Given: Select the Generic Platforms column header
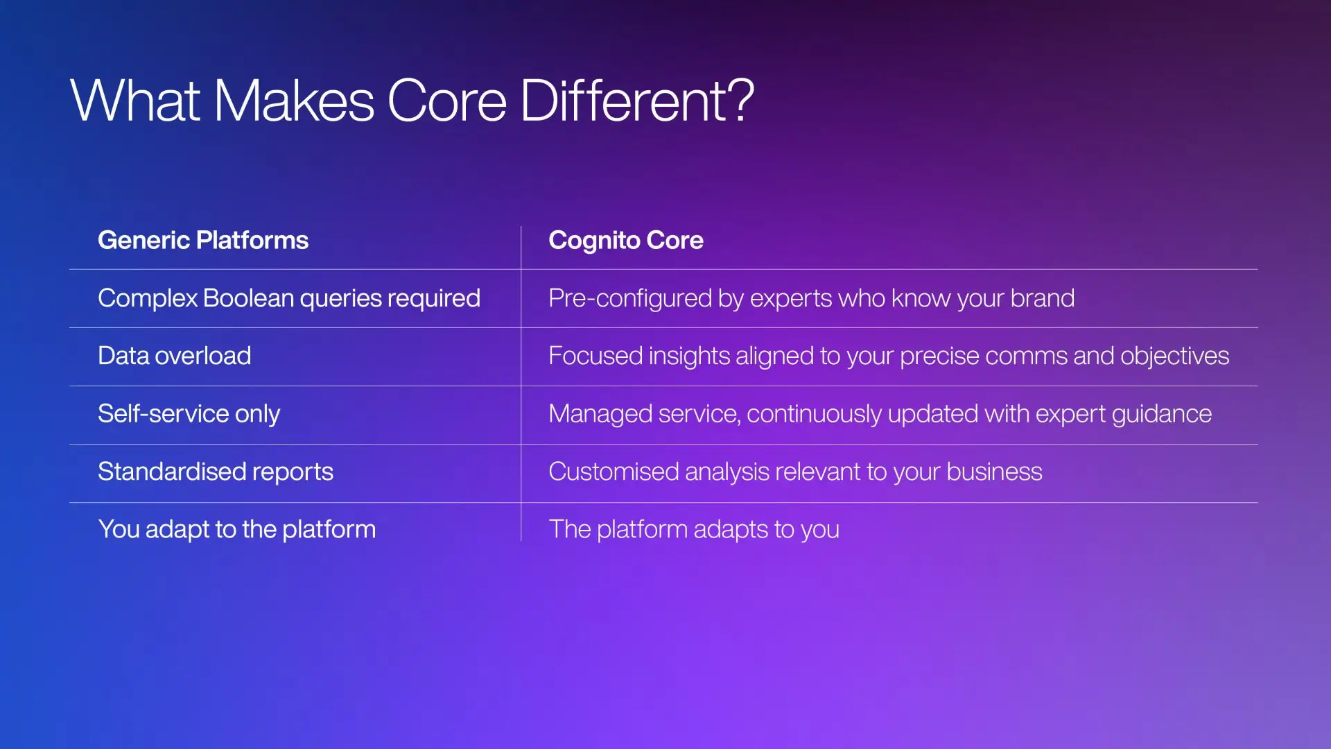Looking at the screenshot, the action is (x=203, y=240).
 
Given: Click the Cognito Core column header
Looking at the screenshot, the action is (x=626, y=241).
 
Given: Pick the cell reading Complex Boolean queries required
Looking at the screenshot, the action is (x=289, y=298).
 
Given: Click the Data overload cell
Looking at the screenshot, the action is (x=175, y=356).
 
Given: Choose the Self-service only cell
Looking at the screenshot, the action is (x=189, y=414).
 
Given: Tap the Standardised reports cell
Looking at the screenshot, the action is (x=216, y=472).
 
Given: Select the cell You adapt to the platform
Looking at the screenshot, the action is (x=237, y=529).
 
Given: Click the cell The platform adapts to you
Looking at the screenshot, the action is (x=694, y=529).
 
